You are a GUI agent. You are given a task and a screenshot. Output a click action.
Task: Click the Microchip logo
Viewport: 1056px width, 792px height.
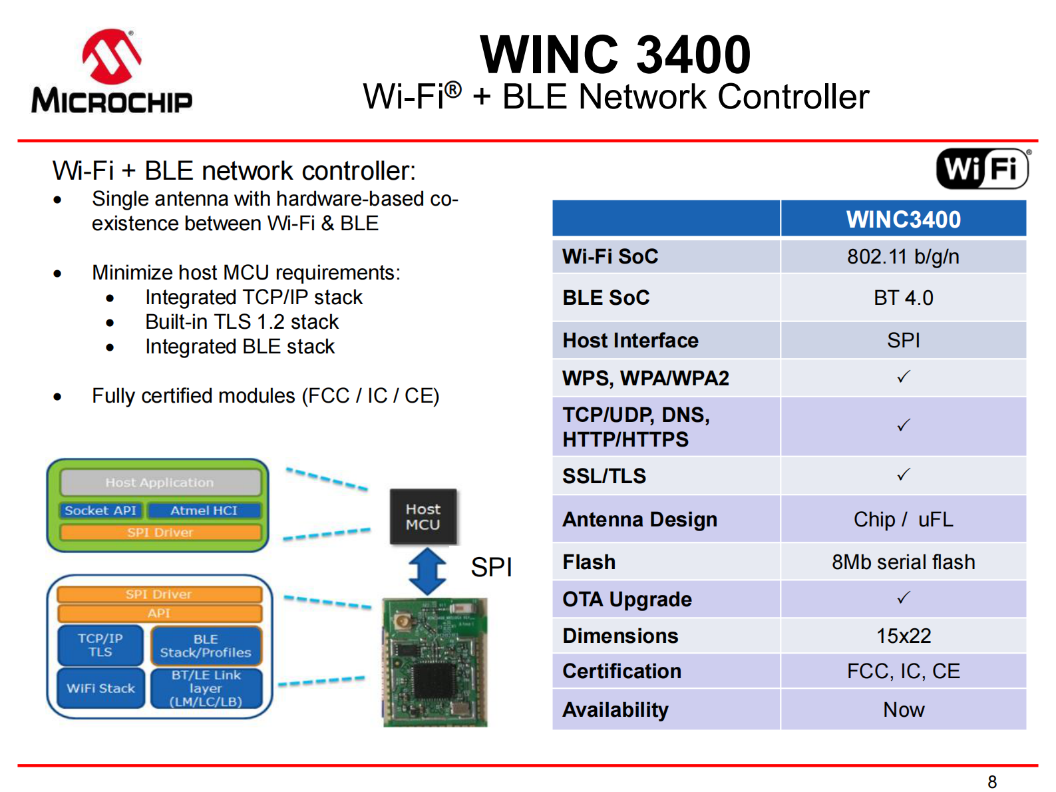click(112, 72)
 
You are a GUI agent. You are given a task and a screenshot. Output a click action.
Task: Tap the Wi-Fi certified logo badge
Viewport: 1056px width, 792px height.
click(982, 168)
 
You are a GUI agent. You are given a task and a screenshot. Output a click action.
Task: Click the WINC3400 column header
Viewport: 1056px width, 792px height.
click(903, 219)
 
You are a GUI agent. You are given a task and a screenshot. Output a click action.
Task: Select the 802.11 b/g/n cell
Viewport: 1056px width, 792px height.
click(903, 256)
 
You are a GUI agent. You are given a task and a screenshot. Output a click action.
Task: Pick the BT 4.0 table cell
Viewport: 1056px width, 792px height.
click(903, 297)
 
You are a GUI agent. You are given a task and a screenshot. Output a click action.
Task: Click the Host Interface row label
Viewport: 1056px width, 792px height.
click(630, 340)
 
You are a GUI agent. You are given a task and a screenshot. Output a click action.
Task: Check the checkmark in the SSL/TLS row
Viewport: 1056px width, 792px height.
click(903, 475)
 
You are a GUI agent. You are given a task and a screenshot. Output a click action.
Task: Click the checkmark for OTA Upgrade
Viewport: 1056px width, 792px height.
click(903, 598)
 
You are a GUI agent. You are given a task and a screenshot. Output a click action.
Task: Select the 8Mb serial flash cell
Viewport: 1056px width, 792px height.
click(903, 562)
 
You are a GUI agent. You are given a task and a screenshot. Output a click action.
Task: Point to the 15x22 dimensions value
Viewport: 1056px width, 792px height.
click(903, 636)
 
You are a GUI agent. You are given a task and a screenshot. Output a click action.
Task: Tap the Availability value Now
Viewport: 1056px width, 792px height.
click(903, 709)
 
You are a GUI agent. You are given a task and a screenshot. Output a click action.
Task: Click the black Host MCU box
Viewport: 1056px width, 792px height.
click(423, 516)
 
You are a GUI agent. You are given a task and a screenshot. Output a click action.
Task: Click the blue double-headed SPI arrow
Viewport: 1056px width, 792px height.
click(427, 571)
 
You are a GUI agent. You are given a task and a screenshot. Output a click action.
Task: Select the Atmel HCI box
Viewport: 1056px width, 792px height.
click(204, 510)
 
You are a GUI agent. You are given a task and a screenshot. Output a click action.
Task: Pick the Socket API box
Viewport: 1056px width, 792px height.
click(100, 510)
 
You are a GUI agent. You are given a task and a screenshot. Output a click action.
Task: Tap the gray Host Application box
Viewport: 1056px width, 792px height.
click(160, 482)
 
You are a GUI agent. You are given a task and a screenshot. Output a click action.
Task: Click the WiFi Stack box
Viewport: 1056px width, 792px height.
click(100, 688)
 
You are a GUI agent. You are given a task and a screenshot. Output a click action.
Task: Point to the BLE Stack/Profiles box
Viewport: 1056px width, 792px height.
click(206, 646)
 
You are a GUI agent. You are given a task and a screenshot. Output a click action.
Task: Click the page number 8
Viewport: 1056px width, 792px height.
click(991, 781)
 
